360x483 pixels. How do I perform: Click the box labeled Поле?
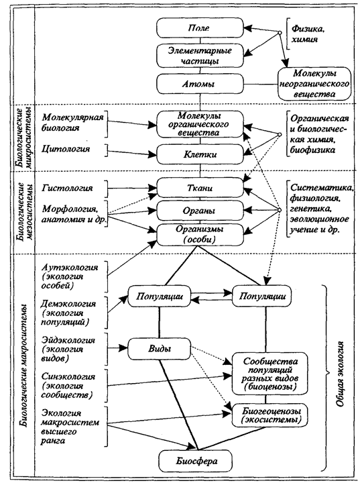(x=200, y=28)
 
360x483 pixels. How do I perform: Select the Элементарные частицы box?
(x=200, y=56)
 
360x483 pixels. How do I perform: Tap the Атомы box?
(x=200, y=84)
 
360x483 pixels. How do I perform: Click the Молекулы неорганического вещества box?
(x=314, y=83)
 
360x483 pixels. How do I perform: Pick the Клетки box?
(x=200, y=154)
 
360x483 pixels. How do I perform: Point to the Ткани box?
(x=200, y=188)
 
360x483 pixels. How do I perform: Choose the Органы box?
(x=200, y=211)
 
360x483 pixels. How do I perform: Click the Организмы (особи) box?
(x=200, y=234)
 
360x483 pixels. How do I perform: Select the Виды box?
(x=160, y=349)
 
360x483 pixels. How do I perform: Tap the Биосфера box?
(x=196, y=461)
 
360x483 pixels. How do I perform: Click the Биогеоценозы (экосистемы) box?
(x=269, y=415)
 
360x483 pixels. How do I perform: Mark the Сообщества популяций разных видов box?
(x=269, y=374)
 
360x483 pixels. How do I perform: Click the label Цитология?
(x=66, y=149)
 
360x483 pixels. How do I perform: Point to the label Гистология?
(x=67, y=188)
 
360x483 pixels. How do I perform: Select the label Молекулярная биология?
(x=72, y=122)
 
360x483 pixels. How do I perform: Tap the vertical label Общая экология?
(x=339, y=374)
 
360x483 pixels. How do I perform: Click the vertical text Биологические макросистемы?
(x=27, y=366)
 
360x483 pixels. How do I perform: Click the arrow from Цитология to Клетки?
(x=133, y=152)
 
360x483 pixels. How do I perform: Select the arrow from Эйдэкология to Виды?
(x=117, y=348)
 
